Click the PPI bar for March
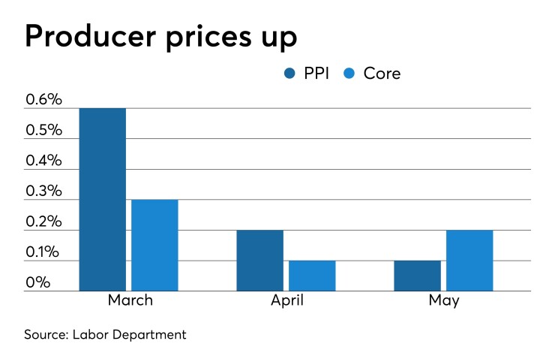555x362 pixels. pyautogui.click(x=102, y=199)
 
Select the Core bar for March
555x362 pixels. pyautogui.click(x=154, y=245)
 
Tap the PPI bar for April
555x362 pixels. pyautogui.click(x=259, y=260)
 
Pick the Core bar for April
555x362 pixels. pyautogui.click(x=312, y=276)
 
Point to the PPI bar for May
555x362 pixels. pyautogui.click(x=417, y=276)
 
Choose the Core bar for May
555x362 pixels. pyautogui.click(x=469, y=260)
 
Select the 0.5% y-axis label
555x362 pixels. pyautogui.click(x=43, y=131)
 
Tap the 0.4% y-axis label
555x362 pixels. pyautogui.click(x=43, y=161)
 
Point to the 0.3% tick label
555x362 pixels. pyautogui.click(x=43, y=192)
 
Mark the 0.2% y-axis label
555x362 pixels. pyautogui.click(x=43, y=222)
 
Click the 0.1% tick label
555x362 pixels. pyautogui.click(x=43, y=252)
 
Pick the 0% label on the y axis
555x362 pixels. pyautogui.click(x=37, y=283)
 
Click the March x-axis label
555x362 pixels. pyautogui.click(x=129, y=301)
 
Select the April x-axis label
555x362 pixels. pyautogui.click(x=286, y=301)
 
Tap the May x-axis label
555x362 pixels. pyautogui.click(x=444, y=301)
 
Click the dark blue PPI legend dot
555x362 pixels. pyautogui.click(x=289, y=73)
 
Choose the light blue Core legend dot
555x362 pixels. pyautogui.click(x=349, y=73)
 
